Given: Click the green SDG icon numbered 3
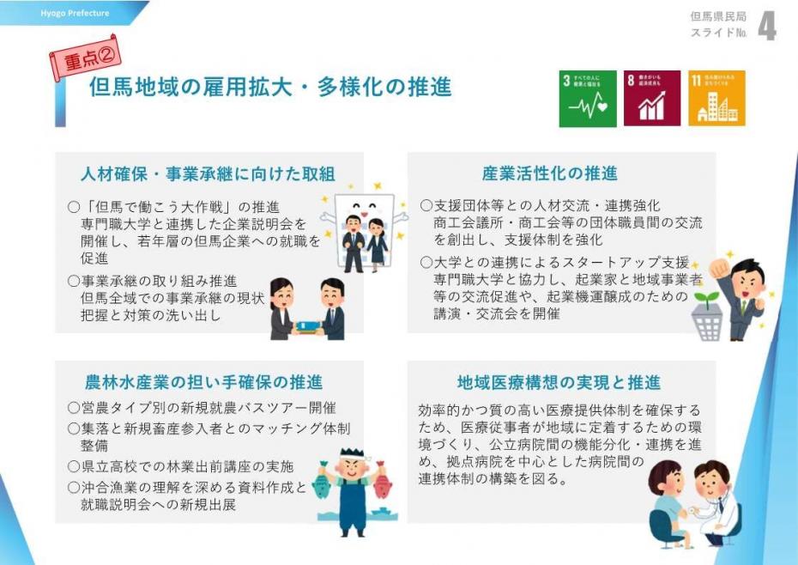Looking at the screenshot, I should [588, 99].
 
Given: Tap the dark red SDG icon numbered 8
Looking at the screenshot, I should [652, 99].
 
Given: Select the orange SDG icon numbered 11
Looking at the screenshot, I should [716, 99].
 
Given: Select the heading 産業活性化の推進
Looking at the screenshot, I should [550, 173].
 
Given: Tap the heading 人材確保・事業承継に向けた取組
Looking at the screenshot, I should [209, 174].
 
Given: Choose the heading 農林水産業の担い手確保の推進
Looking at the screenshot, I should [204, 382].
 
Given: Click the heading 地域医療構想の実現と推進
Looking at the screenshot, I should [559, 382].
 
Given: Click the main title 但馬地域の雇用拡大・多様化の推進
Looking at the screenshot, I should [270, 88].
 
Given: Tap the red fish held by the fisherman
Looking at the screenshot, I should [382, 485].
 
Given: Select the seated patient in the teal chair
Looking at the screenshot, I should [668, 507].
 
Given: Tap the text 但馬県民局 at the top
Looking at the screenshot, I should [718, 17].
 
